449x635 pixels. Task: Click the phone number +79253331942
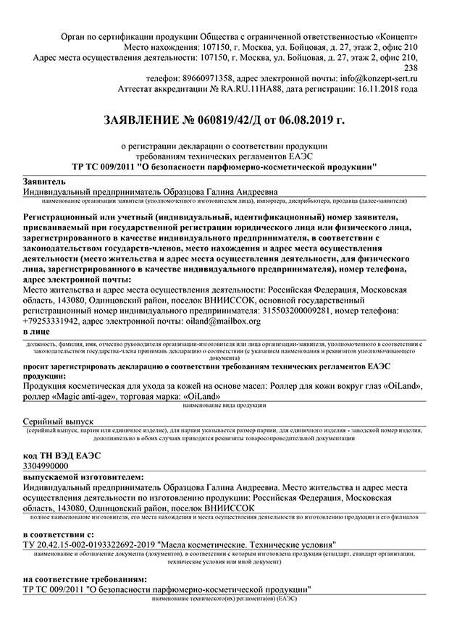coord(51,320)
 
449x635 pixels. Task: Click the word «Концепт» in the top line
coord(395,35)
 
